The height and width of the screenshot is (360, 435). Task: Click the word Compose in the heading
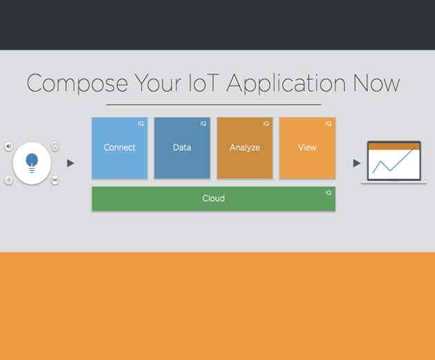tap(77, 83)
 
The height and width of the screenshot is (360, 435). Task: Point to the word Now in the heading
tap(376, 83)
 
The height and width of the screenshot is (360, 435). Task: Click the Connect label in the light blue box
tap(119, 148)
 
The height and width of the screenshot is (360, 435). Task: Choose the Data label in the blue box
tap(182, 148)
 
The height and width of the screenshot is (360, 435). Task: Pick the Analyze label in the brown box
tap(245, 148)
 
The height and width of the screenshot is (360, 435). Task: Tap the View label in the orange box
tap(307, 148)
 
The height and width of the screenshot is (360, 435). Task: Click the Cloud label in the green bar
tap(213, 199)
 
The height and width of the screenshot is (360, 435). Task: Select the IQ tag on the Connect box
tap(141, 124)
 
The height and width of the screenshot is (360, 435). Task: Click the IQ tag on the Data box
tap(203, 124)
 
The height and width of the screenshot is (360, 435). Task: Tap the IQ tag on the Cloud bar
tap(329, 193)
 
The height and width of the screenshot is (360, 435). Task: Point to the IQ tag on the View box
tap(329, 124)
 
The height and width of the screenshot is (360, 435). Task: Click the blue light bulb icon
tap(32, 163)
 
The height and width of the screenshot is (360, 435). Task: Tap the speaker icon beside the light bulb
tap(9, 146)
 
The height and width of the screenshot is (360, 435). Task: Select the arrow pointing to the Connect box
tap(70, 163)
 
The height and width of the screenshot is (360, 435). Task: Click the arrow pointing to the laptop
tap(356, 163)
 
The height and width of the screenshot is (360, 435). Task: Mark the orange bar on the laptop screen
tap(394, 146)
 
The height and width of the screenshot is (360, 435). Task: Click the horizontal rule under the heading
tap(214, 105)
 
